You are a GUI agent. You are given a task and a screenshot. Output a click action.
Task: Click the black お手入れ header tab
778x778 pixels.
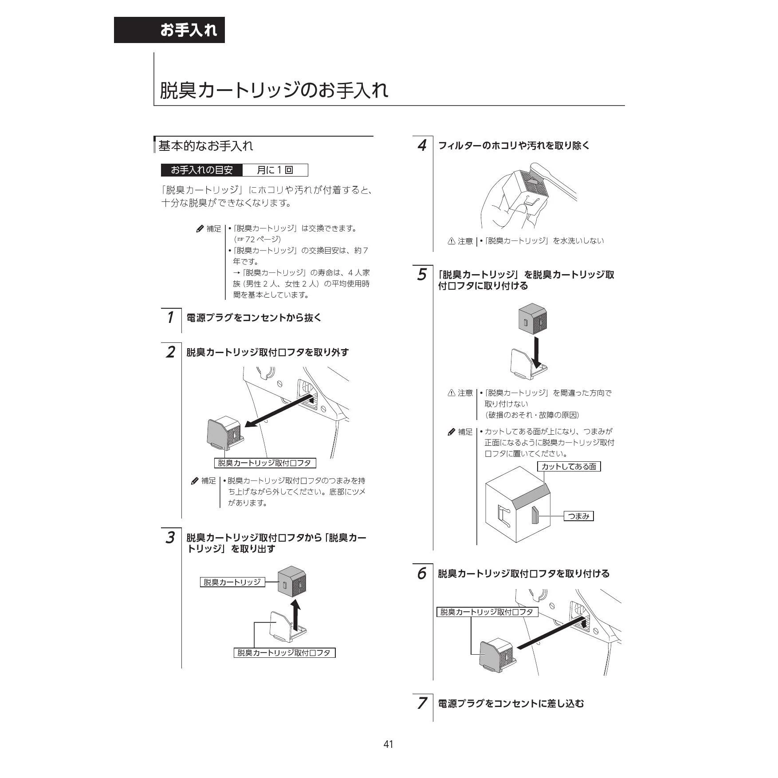(x=169, y=30)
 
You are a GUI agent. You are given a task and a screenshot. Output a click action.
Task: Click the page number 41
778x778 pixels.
(x=388, y=744)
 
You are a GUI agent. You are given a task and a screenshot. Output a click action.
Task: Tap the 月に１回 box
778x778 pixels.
(x=275, y=170)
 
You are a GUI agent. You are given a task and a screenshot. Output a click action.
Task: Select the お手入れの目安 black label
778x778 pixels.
(x=202, y=170)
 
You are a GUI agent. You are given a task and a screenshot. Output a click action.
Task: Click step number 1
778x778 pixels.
(x=170, y=318)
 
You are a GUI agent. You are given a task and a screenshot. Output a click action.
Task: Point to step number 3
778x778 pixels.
(x=170, y=538)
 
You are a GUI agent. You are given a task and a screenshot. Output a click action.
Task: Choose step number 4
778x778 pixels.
(x=422, y=145)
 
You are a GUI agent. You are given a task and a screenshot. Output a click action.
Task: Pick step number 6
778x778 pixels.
(x=422, y=574)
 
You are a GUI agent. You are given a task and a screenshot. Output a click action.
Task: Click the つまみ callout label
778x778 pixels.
(x=578, y=516)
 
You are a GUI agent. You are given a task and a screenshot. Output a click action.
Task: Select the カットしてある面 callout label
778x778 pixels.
(x=569, y=466)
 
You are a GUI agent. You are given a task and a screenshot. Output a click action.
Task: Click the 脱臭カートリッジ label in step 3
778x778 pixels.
(x=232, y=582)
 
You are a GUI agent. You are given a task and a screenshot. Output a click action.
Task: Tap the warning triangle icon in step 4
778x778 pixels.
(x=451, y=241)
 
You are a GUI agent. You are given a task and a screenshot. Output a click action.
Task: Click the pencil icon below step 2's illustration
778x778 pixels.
(x=195, y=481)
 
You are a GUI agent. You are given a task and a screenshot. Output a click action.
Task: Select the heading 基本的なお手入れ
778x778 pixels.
(x=206, y=145)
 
